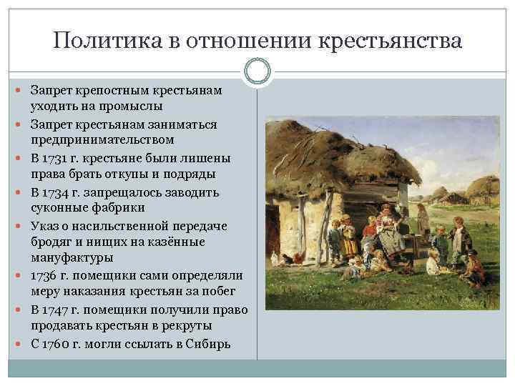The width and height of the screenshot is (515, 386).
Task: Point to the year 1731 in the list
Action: [55, 158]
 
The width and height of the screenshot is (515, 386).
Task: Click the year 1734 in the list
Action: [55, 192]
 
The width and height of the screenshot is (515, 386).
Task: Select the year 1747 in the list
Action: [55, 310]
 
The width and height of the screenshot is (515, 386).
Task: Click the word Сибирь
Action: [207, 344]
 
